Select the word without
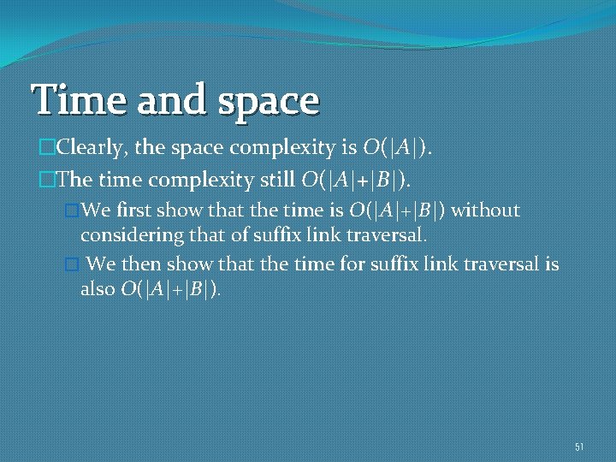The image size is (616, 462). click(x=485, y=210)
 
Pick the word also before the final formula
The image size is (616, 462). click(x=98, y=289)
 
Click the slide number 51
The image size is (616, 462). click(x=579, y=447)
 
